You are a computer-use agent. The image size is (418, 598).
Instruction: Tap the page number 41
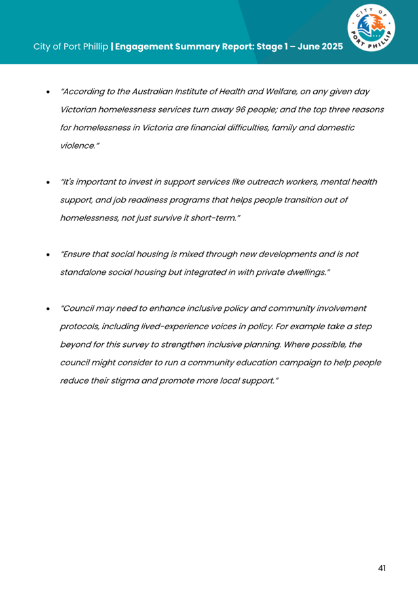[381, 568]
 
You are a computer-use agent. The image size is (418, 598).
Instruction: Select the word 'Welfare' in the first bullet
[280, 92]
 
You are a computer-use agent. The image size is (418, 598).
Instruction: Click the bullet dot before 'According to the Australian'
[48, 93]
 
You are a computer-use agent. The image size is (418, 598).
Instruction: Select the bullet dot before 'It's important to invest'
[48, 182]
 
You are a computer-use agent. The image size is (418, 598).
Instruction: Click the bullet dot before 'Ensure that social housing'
[48, 254]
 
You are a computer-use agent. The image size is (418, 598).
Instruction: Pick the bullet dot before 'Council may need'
[48, 309]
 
